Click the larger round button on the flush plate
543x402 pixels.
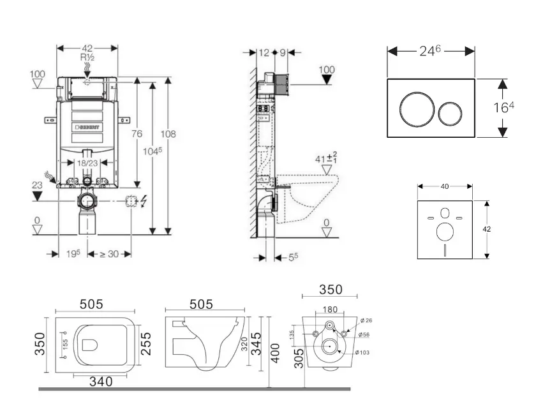coord(415,108)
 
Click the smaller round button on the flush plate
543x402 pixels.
coord(450,114)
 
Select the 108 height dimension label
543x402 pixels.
coord(168,134)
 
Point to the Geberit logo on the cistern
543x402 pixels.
coord(88,128)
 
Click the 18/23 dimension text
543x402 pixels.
coord(88,164)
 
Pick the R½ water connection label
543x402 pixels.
coord(87,57)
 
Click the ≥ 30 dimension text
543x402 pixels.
coord(110,254)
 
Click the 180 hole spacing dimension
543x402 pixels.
coord(329,310)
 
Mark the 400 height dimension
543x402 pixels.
coord(276,351)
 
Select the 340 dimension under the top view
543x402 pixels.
coord(100,382)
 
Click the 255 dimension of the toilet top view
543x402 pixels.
coord(146,343)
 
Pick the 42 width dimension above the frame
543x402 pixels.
coord(87,48)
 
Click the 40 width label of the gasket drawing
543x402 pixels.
coord(445,186)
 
